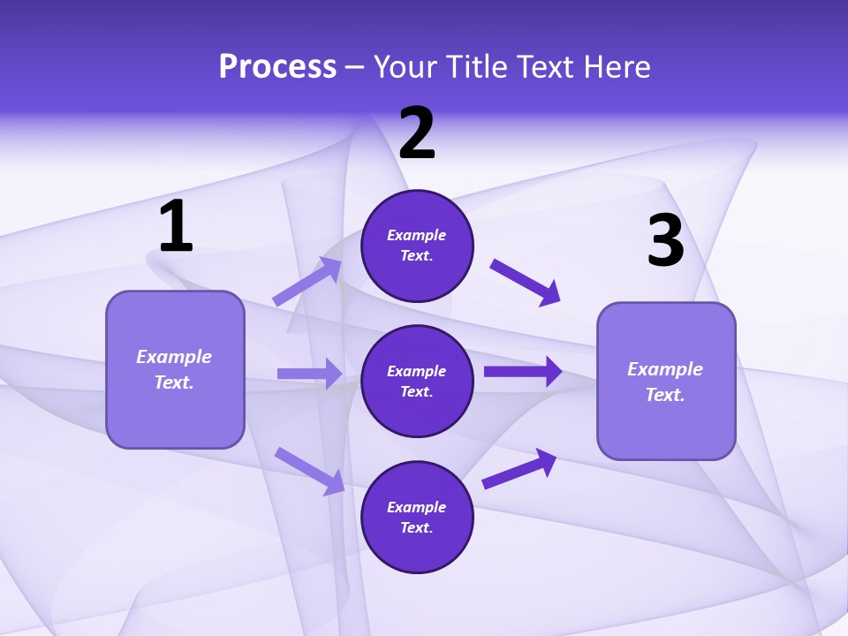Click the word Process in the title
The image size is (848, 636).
click(x=277, y=67)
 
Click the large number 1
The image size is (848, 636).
click(x=176, y=227)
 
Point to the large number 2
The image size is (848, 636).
click(x=417, y=134)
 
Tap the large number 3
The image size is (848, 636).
click(x=665, y=241)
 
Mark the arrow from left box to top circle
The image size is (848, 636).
click(x=307, y=282)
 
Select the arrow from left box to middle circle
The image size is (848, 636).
click(x=309, y=374)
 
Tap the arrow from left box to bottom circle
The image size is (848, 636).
click(x=309, y=471)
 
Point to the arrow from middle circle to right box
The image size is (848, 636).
click(x=523, y=372)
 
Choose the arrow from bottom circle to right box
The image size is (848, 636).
click(x=519, y=468)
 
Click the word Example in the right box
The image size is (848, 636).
click(x=665, y=369)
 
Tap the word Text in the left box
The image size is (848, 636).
click(x=173, y=382)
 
